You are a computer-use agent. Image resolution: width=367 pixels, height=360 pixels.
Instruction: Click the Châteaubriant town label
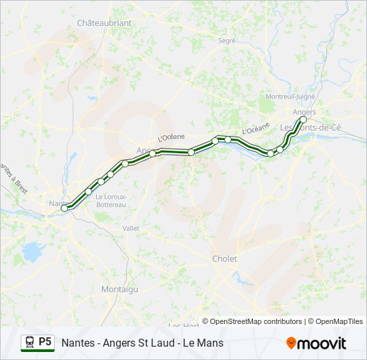tap(104, 23)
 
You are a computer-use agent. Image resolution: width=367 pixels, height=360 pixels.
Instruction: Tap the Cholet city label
tap(224, 259)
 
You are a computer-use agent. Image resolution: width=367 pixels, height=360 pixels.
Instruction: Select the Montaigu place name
tap(119, 289)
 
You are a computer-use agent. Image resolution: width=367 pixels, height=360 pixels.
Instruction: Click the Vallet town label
tap(131, 228)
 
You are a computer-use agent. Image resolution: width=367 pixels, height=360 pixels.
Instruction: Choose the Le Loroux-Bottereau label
tap(111, 200)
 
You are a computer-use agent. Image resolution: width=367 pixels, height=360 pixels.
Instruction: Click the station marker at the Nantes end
tap(65, 208)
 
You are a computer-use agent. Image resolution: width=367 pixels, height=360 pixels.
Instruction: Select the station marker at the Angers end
tap(303, 120)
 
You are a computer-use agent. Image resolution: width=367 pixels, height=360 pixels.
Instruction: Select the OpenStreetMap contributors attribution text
tap(256, 321)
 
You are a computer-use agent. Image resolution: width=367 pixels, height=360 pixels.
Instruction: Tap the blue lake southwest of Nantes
tap(31, 251)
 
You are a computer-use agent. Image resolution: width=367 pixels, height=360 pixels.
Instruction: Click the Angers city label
tap(304, 112)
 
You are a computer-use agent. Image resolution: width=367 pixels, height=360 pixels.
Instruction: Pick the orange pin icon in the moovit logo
tap(291, 343)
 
